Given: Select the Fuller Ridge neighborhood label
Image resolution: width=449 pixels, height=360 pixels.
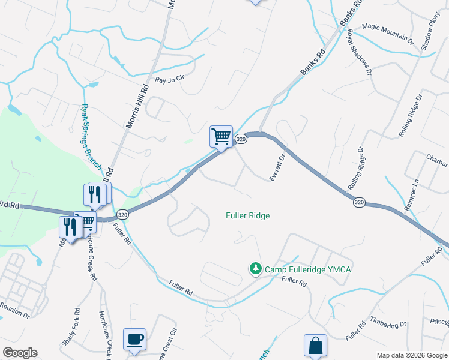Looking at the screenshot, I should tap(247, 215).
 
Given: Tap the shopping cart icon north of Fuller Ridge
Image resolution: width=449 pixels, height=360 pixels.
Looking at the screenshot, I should tap(221, 137).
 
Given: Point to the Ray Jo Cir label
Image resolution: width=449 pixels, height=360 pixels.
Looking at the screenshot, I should tap(169, 79).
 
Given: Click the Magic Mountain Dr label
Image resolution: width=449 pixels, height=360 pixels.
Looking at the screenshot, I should tap(389, 34).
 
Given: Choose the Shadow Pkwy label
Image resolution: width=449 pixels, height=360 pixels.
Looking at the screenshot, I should tap(430, 40).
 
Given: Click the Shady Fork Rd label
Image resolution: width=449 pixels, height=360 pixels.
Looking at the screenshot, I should tap(70, 327).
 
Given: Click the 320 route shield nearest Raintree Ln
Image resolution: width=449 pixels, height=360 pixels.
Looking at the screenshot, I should tap(358, 203).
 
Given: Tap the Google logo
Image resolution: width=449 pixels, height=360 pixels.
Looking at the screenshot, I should tap(20, 353).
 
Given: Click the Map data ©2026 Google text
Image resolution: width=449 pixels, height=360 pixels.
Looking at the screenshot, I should tap(411, 355).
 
